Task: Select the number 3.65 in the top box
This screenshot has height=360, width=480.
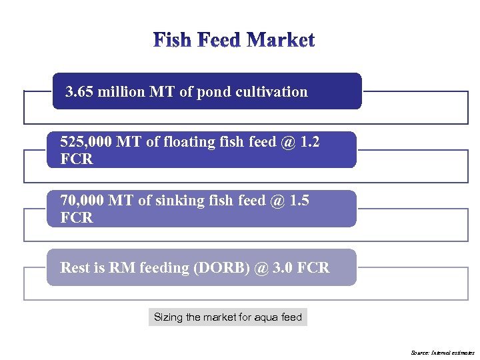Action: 79,92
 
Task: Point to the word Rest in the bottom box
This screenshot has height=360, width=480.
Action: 74,268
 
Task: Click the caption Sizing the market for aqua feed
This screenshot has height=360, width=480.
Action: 227,317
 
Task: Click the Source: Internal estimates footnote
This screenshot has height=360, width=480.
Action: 442,352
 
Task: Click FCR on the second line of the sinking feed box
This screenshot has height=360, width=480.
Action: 76,218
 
